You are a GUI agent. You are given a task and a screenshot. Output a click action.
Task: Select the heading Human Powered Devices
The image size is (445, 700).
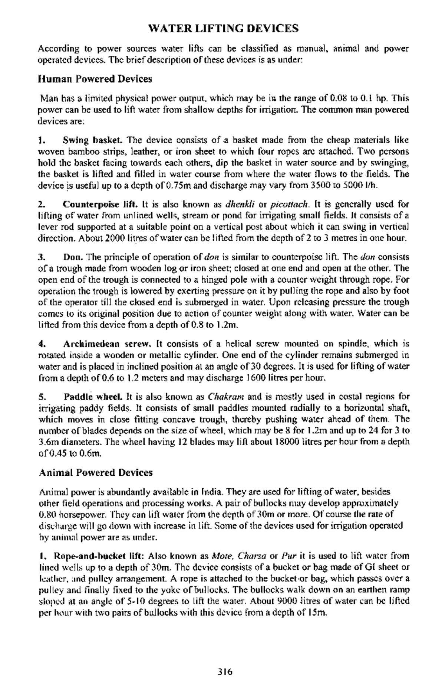(x=95, y=79)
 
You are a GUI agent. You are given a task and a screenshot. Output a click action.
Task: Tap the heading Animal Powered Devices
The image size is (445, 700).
(x=96, y=472)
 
